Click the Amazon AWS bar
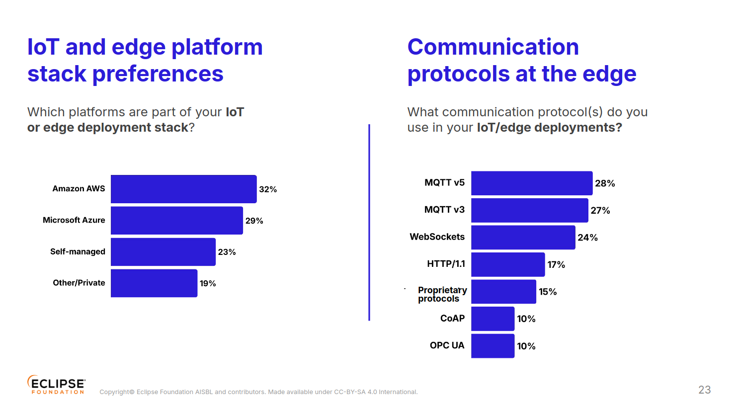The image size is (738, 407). (x=183, y=189)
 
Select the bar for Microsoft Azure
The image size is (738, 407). (x=176, y=220)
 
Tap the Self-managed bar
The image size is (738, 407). (x=163, y=252)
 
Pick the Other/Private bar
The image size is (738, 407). (x=154, y=283)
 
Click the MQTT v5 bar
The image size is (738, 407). (x=532, y=183)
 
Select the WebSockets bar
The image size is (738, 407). (x=523, y=238)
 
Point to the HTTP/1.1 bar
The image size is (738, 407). (x=508, y=264)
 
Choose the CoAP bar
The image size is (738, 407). (x=492, y=319)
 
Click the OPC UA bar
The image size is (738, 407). (x=492, y=346)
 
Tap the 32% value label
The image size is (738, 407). (x=268, y=189)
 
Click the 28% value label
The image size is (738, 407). (x=605, y=183)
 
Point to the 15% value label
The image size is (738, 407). (x=548, y=292)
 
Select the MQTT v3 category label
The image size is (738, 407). (x=444, y=210)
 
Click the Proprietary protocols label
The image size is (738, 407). (x=442, y=294)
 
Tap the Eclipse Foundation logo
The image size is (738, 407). (x=56, y=385)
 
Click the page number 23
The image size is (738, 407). (x=704, y=390)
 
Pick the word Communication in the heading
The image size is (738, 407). (x=493, y=47)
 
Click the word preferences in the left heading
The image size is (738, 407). (x=158, y=74)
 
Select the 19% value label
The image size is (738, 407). (x=208, y=283)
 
